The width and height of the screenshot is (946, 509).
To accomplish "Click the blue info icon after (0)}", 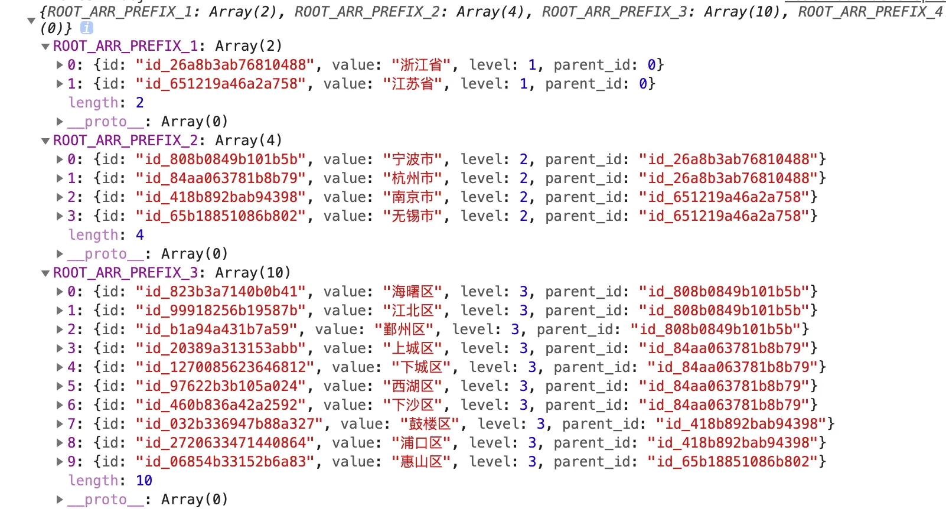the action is tap(86, 27).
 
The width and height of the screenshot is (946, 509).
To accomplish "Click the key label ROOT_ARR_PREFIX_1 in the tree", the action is tap(125, 46).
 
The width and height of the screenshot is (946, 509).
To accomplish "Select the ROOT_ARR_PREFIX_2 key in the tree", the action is tap(125, 141).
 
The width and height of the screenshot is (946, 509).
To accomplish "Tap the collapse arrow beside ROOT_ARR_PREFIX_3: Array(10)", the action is tap(45, 273).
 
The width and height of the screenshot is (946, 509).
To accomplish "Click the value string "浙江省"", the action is tap(421, 65).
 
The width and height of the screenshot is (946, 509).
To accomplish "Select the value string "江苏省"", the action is tap(413, 84).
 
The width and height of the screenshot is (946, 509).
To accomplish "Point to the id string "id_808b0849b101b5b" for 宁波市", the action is tap(221, 159).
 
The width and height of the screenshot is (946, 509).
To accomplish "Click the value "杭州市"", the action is tap(413, 178).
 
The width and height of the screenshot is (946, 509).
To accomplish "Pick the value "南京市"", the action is tap(413, 197).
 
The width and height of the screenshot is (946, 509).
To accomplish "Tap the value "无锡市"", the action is tap(413, 216).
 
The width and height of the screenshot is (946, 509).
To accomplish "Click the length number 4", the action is tap(140, 235).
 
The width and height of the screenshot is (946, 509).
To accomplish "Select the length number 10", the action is tap(144, 481).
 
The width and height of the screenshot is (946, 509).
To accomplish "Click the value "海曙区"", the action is tap(413, 292).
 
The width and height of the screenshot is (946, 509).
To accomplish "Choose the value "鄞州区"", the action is tap(405, 329).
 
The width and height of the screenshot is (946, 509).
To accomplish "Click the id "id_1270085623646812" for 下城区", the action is tap(225, 367).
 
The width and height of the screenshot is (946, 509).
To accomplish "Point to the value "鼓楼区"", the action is tap(430, 424).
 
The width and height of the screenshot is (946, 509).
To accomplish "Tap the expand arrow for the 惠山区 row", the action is tap(60, 461).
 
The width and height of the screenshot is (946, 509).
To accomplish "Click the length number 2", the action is tap(140, 103).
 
